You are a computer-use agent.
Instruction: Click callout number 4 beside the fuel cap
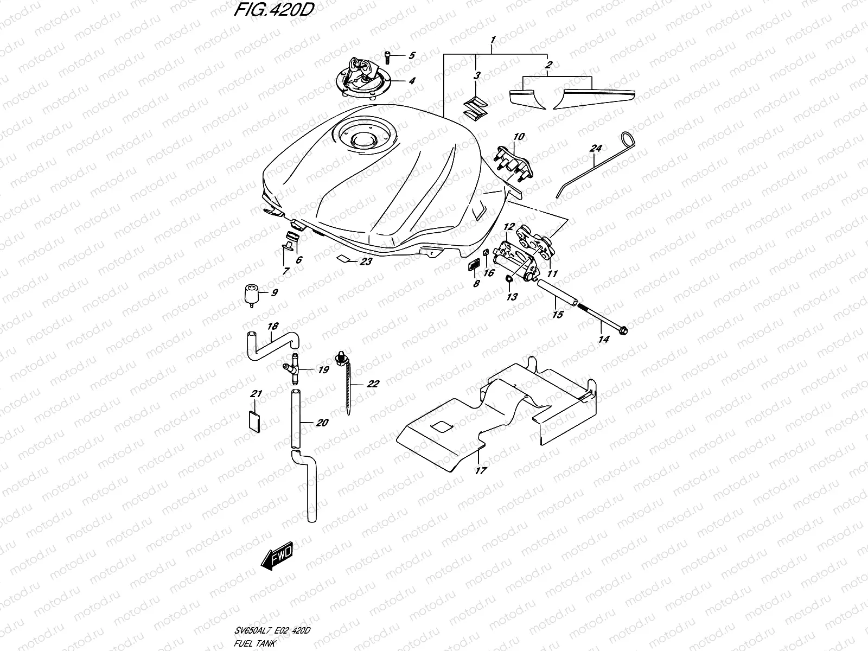pos(412,81)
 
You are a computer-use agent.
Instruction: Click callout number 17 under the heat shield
pos(480,470)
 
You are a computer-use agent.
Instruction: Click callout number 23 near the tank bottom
pos(366,262)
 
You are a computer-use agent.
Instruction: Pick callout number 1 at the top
pos(493,40)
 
